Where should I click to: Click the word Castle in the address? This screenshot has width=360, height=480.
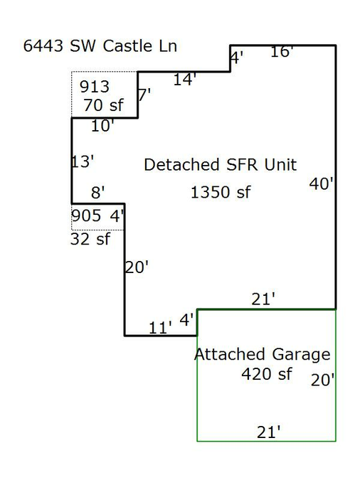(127, 46)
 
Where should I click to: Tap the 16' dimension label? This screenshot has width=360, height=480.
(282, 52)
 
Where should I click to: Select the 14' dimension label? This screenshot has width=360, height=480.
(184, 80)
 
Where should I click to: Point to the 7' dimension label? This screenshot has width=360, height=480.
(144, 95)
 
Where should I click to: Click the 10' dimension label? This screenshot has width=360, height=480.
(102, 126)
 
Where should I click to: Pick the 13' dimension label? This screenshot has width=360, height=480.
(83, 161)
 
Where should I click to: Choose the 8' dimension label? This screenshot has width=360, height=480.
(98, 193)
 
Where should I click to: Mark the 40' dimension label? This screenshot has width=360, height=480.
(321, 184)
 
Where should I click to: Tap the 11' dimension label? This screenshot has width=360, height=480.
(160, 328)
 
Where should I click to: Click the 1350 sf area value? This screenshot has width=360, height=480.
(221, 193)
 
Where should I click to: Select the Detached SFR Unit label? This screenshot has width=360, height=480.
(221, 165)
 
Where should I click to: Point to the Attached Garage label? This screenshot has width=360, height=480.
(263, 355)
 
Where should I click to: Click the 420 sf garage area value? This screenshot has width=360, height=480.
(267, 374)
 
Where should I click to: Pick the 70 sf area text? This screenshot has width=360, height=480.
(103, 105)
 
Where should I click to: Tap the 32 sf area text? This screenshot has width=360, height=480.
(90, 239)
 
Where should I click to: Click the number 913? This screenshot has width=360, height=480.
(95, 87)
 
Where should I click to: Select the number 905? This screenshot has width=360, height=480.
(86, 215)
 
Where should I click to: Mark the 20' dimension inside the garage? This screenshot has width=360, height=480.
(322, 380)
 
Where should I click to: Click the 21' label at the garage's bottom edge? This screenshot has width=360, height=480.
(268, 432)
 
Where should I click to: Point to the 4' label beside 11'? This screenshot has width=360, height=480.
(186, 320)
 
